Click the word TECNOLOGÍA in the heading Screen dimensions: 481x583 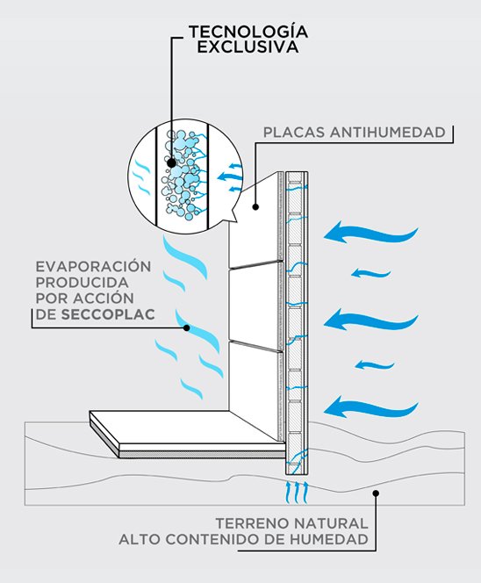(x=248, y=31)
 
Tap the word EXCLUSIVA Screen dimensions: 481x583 (x=248, y=47)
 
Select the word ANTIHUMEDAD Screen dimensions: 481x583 (x=388, y=133)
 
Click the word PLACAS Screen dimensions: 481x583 (x=294, y=133)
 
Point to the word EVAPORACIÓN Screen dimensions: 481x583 (x=93, y=266)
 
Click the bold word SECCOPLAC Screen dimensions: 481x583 (x=108, y=314)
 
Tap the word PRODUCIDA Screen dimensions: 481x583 (x=83, y=283)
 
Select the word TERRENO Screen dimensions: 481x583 (x=252, y=523)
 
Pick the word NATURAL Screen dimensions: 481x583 (x=330, y=523)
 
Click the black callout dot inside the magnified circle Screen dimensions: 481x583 (x=171, y=162)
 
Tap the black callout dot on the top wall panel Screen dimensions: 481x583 (x=255, y=206)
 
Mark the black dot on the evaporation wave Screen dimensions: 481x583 (x=187, y=327)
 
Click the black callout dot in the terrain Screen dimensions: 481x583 (x=376, y=493)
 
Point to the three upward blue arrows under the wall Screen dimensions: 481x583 (x=297, y=493)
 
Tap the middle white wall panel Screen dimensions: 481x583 (x=255, y=305)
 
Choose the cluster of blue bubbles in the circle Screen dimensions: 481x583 (x=182, y=174)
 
